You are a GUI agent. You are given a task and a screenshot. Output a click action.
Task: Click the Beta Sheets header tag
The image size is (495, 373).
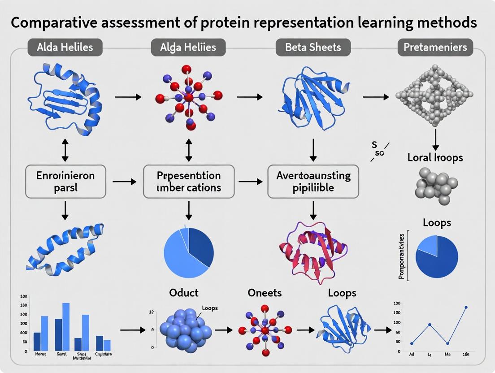pyautogui.click(x=313, y=47)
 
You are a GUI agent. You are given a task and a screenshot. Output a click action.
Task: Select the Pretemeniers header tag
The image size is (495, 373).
pyautogui.click(x=435, y=47)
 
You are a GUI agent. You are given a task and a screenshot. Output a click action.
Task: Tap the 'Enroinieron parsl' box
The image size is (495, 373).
pyautogui.click(x=65, y=182)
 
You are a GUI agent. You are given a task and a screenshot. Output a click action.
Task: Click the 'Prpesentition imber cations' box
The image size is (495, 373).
pyautogui.click(x=188, y=182)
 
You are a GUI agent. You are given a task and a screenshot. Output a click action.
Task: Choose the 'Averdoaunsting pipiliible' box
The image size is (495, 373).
pyautogui.click(x=313, y=182)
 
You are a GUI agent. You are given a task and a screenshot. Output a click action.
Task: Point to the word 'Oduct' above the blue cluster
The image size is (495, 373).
pyautogui.click(x=184, y=293)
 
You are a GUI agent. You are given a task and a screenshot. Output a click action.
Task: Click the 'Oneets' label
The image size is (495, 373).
pyautogui.click(x=265, y=293)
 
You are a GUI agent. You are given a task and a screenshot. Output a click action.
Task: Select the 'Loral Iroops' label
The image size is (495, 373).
pyautogui.click(x=435, y=157)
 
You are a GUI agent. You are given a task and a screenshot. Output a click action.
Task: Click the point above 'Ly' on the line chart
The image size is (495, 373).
pyautogui.click(x=430, y=325)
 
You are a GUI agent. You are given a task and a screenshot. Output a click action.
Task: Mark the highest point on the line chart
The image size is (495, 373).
pyautogui.click(x=466, y=308)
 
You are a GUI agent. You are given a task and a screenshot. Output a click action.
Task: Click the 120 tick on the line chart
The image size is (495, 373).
pyautogui.click(x=396, y=304)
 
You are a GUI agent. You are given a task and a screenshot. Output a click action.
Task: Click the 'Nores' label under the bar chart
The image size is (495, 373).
pyautogui.click(x=40, y=354)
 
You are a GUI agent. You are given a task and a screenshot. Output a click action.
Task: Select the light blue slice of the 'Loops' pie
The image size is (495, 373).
pyautogui.click(x=427, y=245)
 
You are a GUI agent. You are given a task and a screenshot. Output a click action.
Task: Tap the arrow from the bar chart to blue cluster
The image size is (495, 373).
pyautogui.click(x=133, y=330)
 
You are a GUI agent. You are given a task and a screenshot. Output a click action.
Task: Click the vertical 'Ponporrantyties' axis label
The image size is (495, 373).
pyautogui.click(x=401, y=256)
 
